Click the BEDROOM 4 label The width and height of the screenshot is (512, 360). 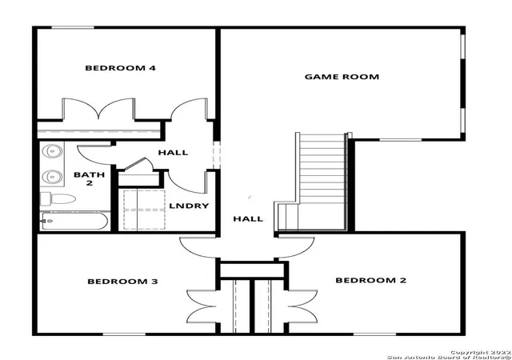click(120, 68)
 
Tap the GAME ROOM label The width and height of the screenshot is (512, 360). click(342, 77)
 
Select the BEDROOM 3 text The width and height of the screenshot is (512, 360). click(122, 282)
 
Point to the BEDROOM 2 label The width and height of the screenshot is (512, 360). click(371, 280)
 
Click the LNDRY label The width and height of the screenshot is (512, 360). click(189, 206)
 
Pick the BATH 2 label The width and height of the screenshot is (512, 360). click(89, 178)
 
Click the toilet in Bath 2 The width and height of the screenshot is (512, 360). click(58, 198)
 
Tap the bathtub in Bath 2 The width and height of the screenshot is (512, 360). click(74, 221)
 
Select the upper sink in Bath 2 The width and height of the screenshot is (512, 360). click(52, 151)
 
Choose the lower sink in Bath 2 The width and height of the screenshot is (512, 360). click(52, 177)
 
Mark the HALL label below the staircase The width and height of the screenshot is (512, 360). click(248, 219)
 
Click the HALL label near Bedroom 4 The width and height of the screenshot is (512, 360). click(173, 153)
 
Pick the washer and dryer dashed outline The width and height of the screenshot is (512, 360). click(144, 210)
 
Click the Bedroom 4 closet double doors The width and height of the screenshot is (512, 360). click(98, 109)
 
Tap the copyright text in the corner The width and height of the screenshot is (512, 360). click(450, 355)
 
